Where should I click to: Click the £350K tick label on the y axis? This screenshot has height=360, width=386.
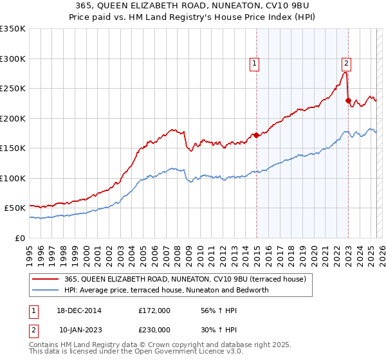click(12, 29)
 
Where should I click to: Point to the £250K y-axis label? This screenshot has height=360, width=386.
click(12, 89)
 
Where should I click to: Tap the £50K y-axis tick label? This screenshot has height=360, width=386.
click(15, 208)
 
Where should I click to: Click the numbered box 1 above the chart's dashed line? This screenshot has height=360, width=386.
click(255, 63)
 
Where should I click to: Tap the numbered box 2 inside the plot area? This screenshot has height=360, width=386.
click(346, 63)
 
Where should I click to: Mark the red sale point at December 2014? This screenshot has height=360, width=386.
click(256, 135)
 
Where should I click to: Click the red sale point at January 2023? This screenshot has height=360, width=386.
click(348, 100)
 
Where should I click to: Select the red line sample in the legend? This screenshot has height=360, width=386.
click(46, 279)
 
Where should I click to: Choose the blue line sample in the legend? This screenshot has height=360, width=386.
click(46, 290)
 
